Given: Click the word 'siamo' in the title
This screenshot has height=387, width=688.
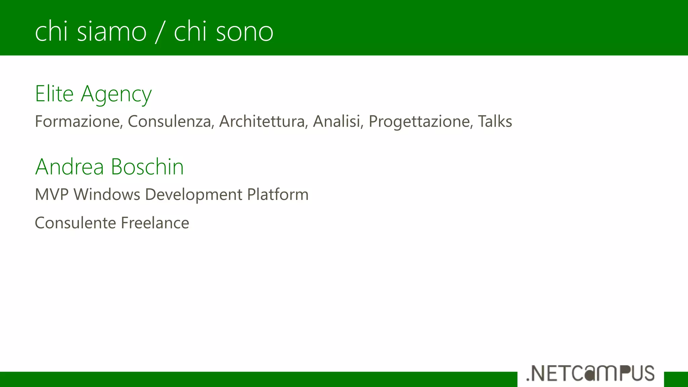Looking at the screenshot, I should pos(112,32).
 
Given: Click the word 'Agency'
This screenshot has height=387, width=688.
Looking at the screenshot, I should pos(116,95).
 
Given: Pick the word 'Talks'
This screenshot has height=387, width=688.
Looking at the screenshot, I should pos(495,121).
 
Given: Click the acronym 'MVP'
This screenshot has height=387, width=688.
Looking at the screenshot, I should pos(52,195).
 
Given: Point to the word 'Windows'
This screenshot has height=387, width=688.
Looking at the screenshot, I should pos(107,195).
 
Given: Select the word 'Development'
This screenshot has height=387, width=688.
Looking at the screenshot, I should pos(193,195).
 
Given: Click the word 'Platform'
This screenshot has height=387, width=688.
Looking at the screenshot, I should pos(278,195).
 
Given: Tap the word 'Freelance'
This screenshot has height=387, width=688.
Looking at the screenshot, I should pos(155,223).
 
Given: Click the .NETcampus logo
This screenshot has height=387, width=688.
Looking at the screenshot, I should pos(590,373).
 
